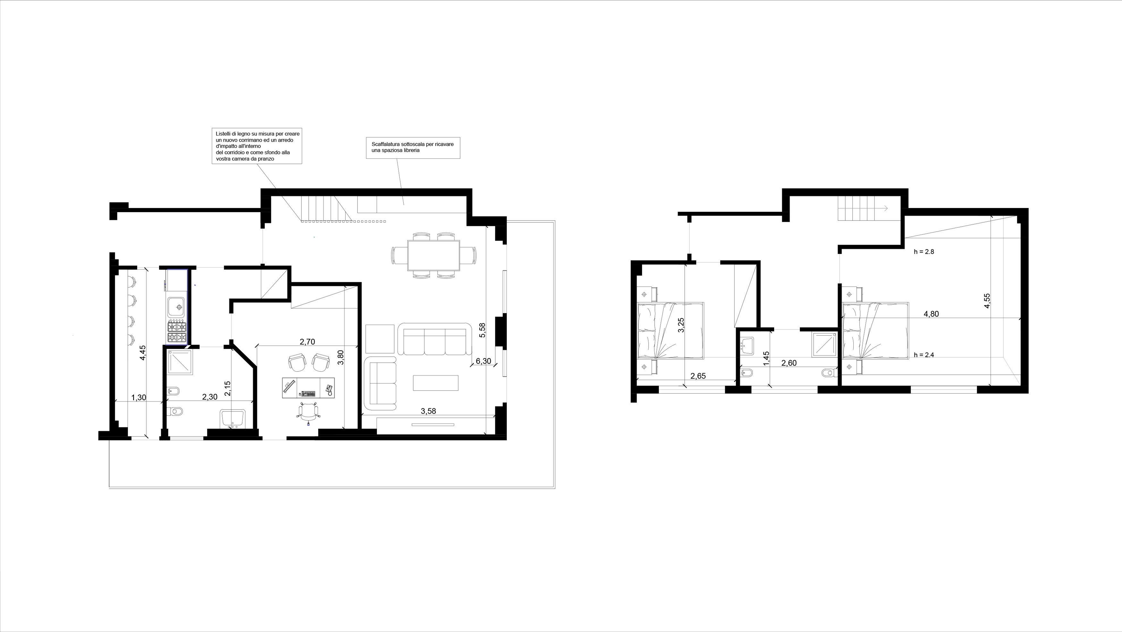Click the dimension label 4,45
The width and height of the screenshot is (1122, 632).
tap(142, 353)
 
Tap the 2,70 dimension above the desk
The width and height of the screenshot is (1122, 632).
tap(307, 342)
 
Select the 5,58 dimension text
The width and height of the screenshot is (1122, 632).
tap(482, 330)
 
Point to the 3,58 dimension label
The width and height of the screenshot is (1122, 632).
tap(428, 411)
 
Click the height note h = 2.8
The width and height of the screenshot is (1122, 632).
tap(924, 252)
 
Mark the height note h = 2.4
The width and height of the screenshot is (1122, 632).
tap(924, 355)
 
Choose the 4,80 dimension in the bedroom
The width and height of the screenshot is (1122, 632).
tap(931, 314)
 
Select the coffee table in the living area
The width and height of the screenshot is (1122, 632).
tap(436, 383)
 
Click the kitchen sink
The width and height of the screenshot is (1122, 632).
tap(177, 307)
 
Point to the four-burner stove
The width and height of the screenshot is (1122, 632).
tap(177, 332)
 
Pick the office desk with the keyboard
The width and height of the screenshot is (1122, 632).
tap(308, 388)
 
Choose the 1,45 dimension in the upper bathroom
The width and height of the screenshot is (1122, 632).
tap(766, 359)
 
